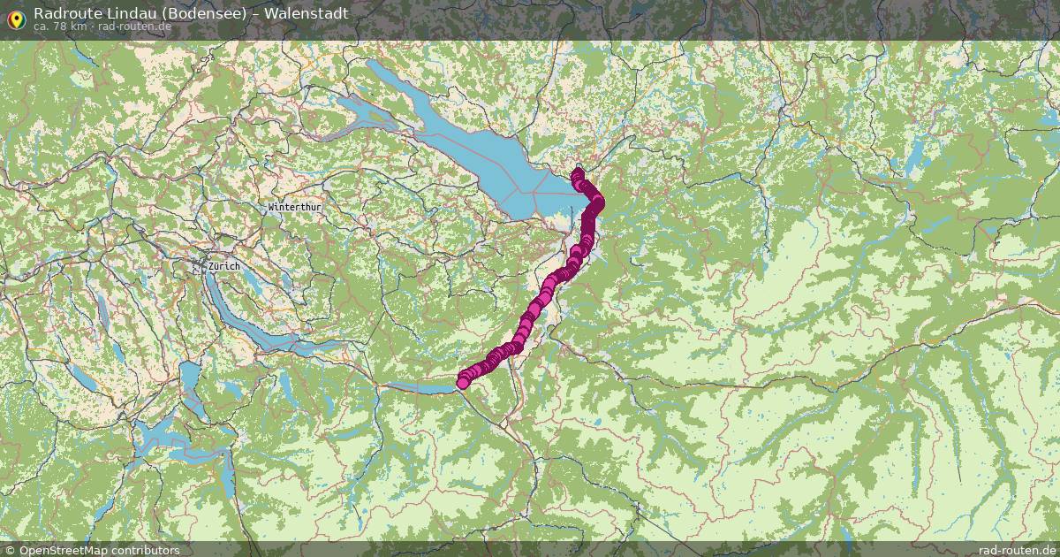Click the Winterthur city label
295,206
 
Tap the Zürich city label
224,265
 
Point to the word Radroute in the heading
63,13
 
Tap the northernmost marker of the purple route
578,173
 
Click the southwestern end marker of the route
462,383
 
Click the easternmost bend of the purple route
598,204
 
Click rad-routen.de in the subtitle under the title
133,27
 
